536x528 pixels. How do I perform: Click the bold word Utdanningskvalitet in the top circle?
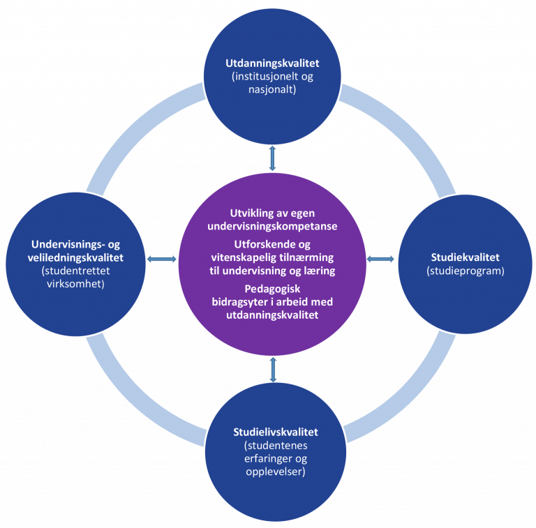point(272,63)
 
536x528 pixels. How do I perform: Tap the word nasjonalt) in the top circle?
point(272,89)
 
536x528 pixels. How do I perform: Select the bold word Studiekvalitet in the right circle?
point(466,257)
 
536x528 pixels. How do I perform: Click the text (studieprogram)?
point(466,271)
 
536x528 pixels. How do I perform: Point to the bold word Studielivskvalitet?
point(276,432)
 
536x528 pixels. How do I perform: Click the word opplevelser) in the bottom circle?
point(276,472)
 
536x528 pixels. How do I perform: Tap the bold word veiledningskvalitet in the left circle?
point(75,257)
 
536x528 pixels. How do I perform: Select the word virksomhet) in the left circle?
point(75,284)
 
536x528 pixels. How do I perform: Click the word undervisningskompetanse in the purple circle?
point(272,227)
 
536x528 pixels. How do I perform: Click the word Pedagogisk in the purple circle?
point(272,289)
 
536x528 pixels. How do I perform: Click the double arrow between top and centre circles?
point(272,158)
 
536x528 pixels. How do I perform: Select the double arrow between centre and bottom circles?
point(273,370)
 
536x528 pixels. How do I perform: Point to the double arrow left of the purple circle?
point(162,259)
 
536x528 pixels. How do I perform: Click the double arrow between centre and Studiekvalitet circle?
point(380,259)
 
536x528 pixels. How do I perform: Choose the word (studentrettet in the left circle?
point(75,271)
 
